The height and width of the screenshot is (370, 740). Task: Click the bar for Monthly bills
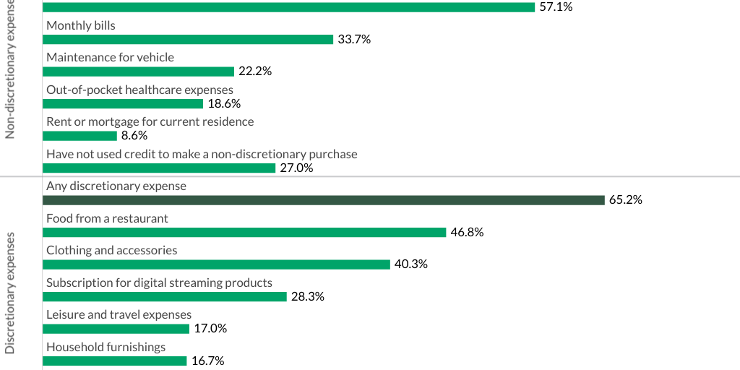click(x=188, y=39)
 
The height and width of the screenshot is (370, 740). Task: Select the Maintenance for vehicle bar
click(x=139, y=72)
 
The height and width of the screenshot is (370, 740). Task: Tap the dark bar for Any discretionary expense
click(x=324, y=200)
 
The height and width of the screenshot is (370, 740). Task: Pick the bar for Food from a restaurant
click(x=244, y=232)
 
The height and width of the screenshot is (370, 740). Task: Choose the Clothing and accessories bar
click(x=217, y=264)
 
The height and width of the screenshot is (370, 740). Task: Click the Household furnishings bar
click(x=115, y=361)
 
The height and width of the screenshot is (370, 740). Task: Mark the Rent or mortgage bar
click(x=80, y=136)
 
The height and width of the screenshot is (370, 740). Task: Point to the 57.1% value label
click(x=555, y=7)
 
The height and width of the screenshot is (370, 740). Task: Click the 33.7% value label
click(x=354, y=39)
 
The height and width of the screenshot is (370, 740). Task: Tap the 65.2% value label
click(x=626, y=200)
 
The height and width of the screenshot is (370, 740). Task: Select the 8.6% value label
click(x=135, y=136)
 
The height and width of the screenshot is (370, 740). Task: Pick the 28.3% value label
click(x=308, y=296)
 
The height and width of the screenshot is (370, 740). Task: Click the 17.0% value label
click(x=210, y=328)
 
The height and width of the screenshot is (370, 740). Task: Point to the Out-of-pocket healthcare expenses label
click(x=139, y=90)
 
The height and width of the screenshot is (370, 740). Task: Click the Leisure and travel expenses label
click(x=119, y=314)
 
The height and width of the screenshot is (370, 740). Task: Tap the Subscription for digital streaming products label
click(x=159, y=283)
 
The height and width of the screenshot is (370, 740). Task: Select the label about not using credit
click(x=202, y=154)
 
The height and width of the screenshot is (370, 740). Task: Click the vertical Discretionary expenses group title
click(x=10, y=293)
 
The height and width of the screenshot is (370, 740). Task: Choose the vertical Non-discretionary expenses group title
click(x=10, y=69)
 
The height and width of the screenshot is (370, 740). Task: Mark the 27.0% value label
click(x=296, y=168)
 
